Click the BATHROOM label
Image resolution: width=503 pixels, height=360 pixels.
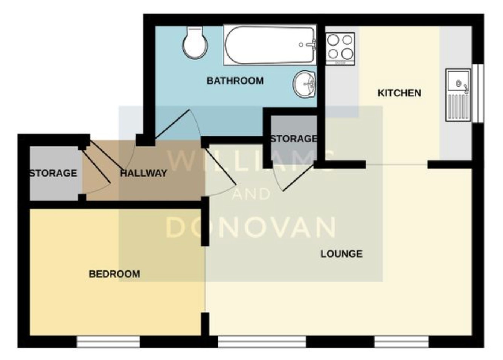point(235,81)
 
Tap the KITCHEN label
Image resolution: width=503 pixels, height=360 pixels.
point(399,93)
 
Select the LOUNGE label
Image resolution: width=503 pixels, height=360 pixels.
point(341,254)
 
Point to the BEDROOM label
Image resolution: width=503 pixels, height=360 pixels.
point(114,274)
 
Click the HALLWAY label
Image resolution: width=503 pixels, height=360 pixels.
point(143,173)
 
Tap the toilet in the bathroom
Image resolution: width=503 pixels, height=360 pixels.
point(195,43)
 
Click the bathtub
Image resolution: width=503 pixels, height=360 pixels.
point(269,45)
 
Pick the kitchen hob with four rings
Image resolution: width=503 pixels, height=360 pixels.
point(340,47)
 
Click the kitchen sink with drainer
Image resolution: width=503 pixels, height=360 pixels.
point(458,95)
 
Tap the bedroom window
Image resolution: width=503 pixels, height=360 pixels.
point(108,342)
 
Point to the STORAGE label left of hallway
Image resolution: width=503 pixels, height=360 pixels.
point(53,173)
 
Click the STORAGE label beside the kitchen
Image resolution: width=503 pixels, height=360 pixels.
point(294,139)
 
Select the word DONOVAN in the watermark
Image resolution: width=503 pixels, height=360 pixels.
point(251,227)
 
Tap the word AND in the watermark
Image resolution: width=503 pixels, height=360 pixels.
point(251,194)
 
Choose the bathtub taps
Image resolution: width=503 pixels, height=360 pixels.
point(312,44)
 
